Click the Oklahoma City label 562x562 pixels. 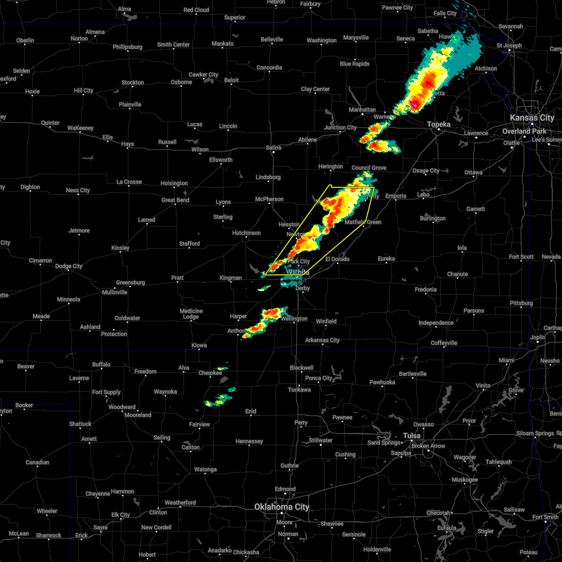(x=281, y=507)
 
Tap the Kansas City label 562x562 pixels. (x=532, y=118)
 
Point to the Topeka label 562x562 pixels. (x=439, y=125)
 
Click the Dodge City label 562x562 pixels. (x=69, y=266)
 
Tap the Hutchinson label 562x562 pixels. (x=246, y=233)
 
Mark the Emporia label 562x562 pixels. (x=396, y=196)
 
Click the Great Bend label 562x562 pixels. (x=175, y=200)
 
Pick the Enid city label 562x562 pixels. (x=251, y=411)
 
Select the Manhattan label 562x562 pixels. (x=362, y=110)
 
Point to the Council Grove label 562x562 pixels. (x=369, y=168)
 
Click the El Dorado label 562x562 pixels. (x=338, y=259)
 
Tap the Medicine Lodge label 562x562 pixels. (x=191, y=314)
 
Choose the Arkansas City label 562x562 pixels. (x=322, y=340)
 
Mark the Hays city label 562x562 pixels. (x=127, y=144)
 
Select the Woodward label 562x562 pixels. (x=122, y=407)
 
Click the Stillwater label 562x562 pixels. (x=321, y=440)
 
